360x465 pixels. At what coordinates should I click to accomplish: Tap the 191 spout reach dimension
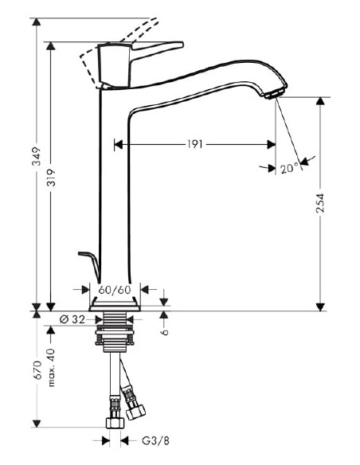tap(195, 144)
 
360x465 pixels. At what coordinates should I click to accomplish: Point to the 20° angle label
tap(288, 168)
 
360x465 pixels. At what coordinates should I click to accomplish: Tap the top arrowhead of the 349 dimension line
tap(37, 21)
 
